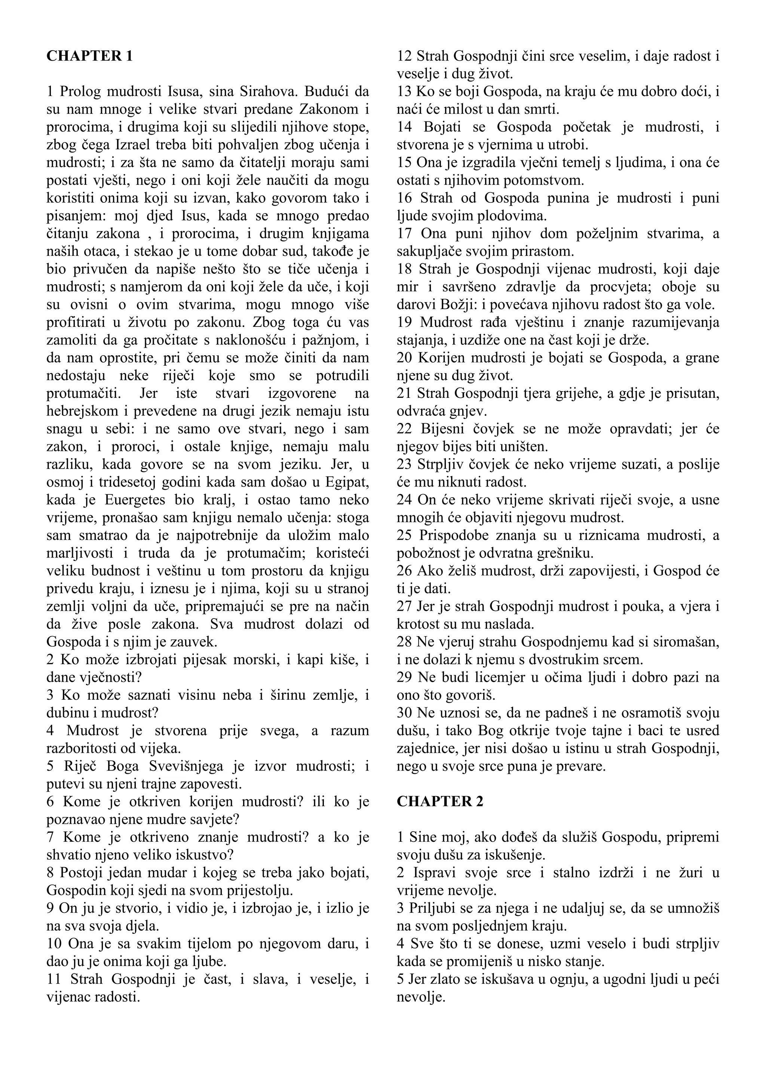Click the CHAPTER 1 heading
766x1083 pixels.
click(90, 56)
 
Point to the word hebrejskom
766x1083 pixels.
click(80, 411)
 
